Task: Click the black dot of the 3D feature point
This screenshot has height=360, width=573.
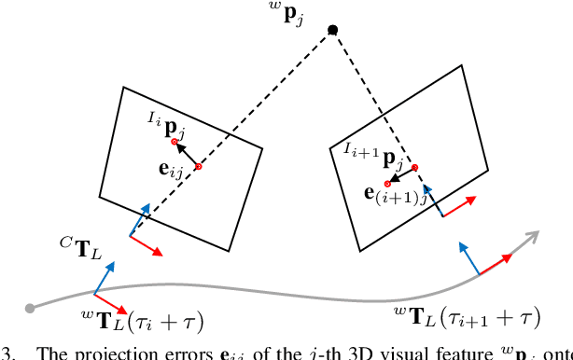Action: pos(332,31)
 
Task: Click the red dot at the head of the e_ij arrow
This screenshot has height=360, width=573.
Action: pos(175,142)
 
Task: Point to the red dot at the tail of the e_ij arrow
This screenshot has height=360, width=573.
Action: pos(198,166)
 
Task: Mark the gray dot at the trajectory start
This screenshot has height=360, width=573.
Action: pos(30,308)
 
